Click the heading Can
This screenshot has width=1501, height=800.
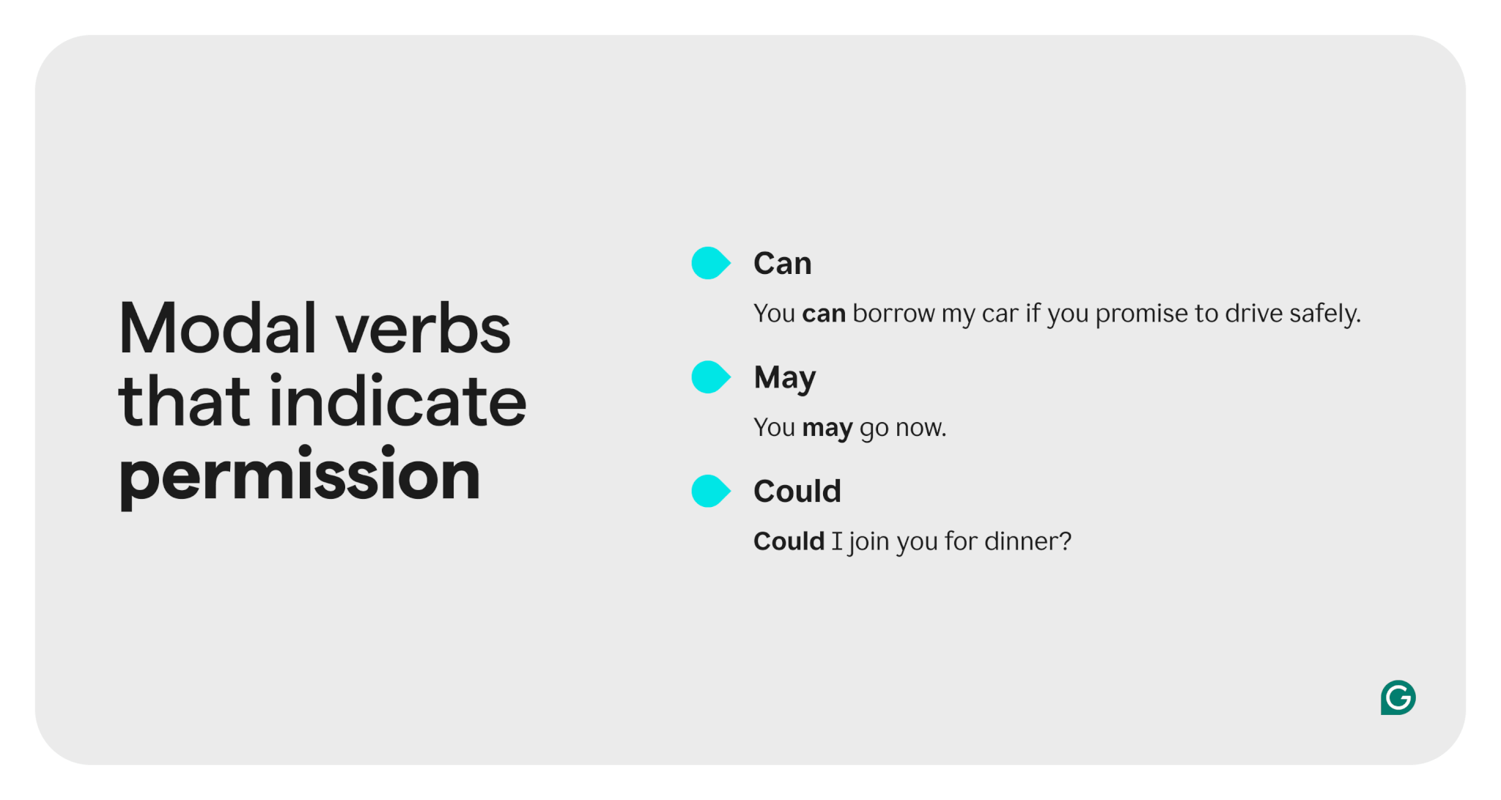[x=783, y=264]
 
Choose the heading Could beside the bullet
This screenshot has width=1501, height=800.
[x=797, y=491]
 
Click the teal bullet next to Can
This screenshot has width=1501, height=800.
[x=710, y=263]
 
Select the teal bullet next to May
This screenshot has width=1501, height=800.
[x=710, y=377]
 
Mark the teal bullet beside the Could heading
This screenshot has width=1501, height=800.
[x=710, y=491]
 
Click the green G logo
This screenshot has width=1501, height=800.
[x=1398, y=697]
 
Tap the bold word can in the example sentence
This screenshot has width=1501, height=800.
[x=824, y=314]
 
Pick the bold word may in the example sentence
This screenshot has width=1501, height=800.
[x=827, y=429]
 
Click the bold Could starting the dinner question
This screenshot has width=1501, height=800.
[x=789, y=541]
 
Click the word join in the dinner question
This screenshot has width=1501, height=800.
[x=868, y=542]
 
